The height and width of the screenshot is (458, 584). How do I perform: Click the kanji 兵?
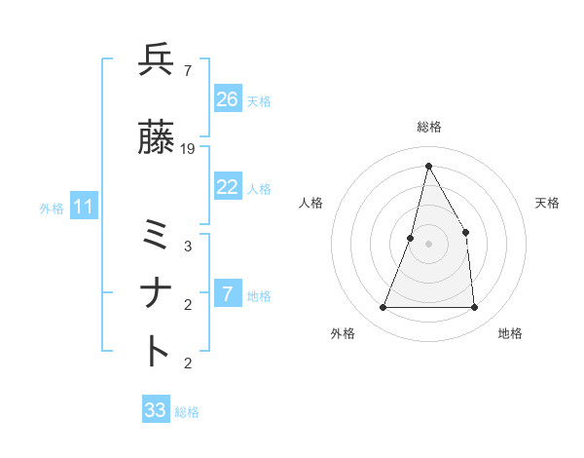pos(157,60)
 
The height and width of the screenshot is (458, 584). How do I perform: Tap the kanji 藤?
pos(157,137)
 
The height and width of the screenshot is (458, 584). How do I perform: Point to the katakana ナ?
pos(157,293)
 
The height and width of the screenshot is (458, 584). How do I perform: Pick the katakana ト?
pos(157,351)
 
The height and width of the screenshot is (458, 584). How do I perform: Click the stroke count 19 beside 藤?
pos(188,148)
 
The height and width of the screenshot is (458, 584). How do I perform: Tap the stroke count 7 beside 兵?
pos(187,70)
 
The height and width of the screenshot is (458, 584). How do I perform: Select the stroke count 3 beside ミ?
pos(187,247)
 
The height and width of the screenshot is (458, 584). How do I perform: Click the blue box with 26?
pos(228,99)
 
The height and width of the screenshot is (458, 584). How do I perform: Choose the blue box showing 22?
pos(228,187)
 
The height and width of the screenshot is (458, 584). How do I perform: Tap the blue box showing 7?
pos(228,294)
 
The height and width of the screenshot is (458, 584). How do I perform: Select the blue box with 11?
pos(84,207)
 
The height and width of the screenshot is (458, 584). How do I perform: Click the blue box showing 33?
pos(156,410)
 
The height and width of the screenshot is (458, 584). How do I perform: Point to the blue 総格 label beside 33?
pos(187,412)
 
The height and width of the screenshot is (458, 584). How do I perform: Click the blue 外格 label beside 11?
pos(52,208)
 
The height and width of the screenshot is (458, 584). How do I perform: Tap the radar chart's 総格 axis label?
pos(428,127)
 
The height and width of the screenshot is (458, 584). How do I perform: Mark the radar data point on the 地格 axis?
pos(474,308)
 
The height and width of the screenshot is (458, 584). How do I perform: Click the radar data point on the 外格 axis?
pos(383,308)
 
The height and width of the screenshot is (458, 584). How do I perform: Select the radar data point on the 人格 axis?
pos(411,238)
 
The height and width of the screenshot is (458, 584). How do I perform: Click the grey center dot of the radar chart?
pos(428,244)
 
